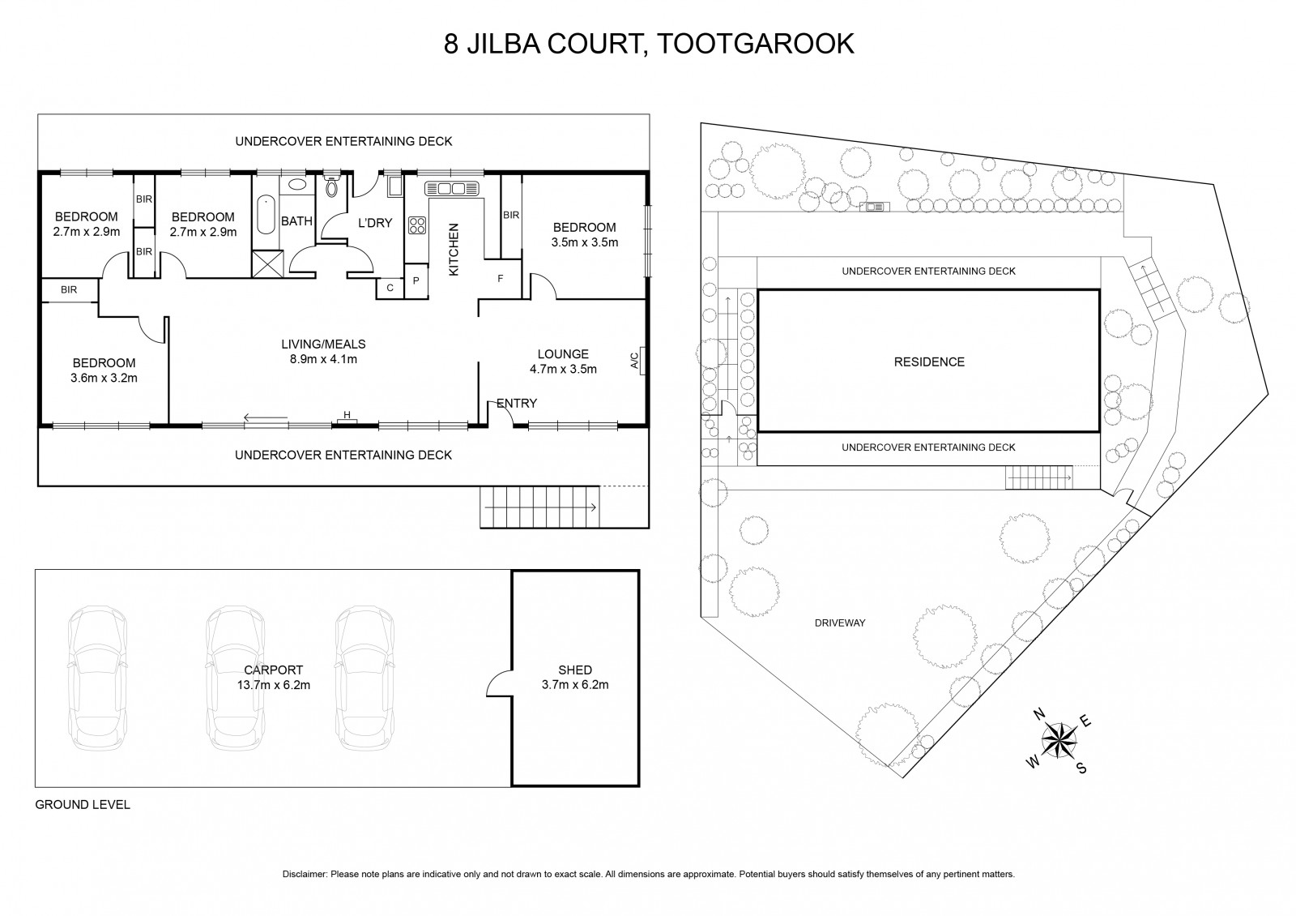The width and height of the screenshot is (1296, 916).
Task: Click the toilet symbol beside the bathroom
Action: [x=332, y=183]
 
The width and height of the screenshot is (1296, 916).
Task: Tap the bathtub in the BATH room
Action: [x=266, y=214]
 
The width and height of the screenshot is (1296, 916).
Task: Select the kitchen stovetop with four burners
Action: [x=417, y=225]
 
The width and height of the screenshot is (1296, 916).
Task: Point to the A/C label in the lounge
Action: [x=635, y=361]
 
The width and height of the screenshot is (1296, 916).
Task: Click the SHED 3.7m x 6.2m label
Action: [x=575, y=677]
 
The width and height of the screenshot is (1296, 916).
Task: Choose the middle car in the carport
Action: [x=236, y=678]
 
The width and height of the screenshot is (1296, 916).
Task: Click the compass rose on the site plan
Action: [x=1059, y=741]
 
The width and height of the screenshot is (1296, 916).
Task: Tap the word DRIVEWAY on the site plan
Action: [x=839, y=623]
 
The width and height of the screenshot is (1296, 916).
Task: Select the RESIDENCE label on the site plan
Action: [x=929, y=362]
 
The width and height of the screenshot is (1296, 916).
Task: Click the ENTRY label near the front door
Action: [x=517, y=403]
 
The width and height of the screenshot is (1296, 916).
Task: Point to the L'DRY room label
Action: [x=375, y=223]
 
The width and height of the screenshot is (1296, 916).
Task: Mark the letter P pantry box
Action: [x=416, y=280]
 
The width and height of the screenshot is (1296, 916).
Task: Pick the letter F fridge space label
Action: [x=501, y=279]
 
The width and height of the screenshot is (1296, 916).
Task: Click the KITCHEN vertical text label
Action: [x=454, y=250]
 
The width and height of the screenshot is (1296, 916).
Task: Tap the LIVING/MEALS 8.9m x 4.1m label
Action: [x=323, y=352]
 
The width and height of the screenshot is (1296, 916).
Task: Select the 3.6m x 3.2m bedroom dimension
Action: [x=104, y=378]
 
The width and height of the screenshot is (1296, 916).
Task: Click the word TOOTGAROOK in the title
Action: [x=756, y=44]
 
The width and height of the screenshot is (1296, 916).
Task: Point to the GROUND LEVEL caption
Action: [x=83, y=805]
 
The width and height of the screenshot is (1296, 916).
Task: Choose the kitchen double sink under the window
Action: [x=452, y=188]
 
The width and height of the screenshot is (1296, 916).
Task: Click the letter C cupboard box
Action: [x=390, y=289]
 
